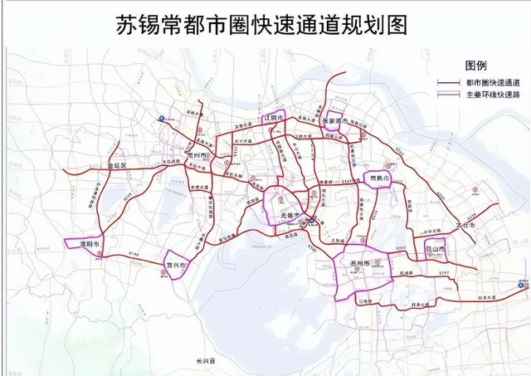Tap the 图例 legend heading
pos(476,66)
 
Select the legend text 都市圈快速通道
pos(492,82)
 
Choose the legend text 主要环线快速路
pos(492,95)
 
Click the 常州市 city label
pos(198,155)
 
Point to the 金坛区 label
pos(112,166)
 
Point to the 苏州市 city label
pos(358,265)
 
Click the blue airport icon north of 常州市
pos(163,119)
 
